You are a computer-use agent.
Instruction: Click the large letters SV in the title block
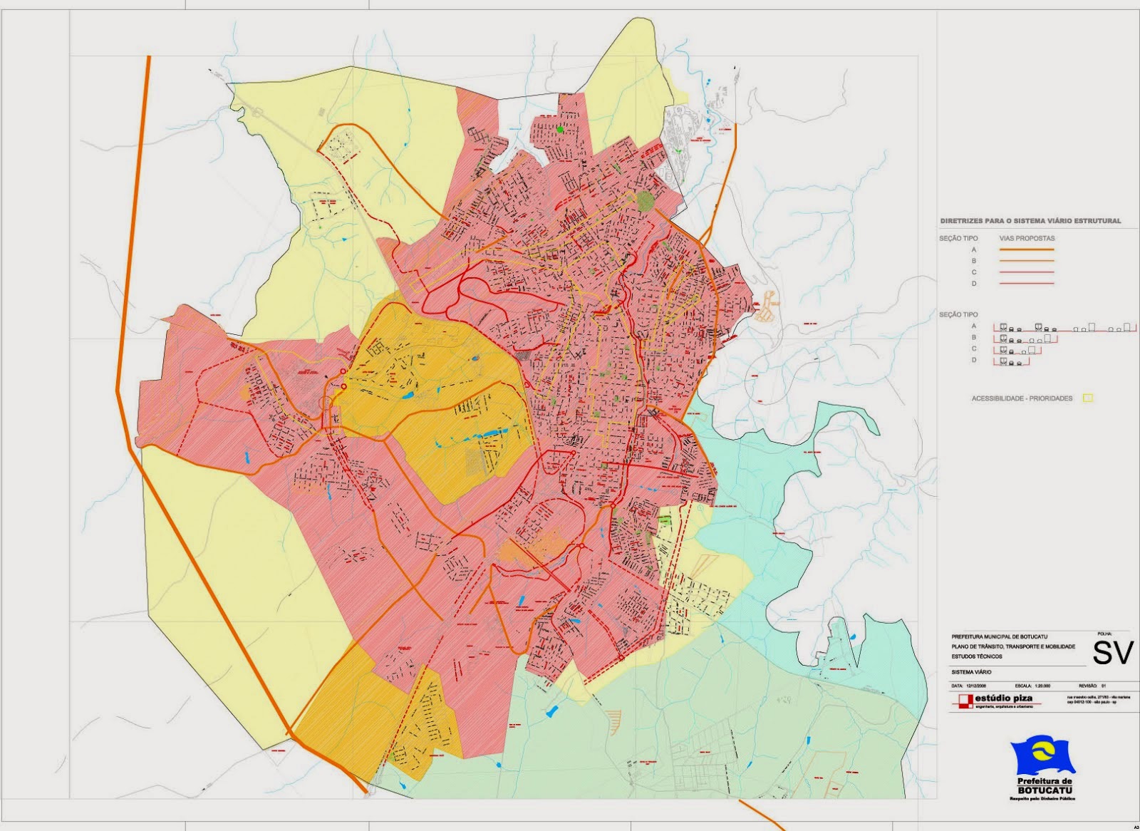(1112, 652)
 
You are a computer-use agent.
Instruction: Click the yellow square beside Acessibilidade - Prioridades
(1088, 398)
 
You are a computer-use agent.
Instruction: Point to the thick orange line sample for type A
(1027, 250)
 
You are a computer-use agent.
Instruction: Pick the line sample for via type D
(1027, 284)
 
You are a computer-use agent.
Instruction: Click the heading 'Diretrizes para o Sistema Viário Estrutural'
(1030, 221)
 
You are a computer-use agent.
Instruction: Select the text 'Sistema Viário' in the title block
(971, 671)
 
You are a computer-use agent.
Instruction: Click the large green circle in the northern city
(646, 201)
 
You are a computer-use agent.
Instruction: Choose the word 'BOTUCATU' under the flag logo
(1045, 790)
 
